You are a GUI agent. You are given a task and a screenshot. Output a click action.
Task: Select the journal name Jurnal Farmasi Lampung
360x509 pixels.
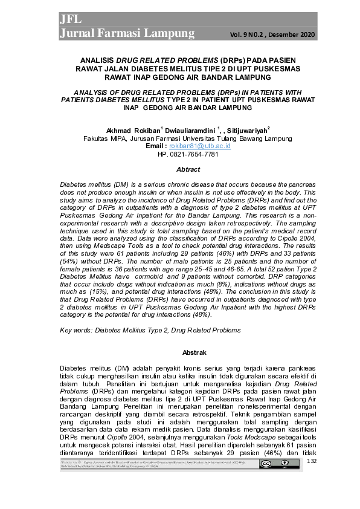[127, 33]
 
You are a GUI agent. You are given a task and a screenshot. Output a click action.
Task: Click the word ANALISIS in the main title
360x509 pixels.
[98, 61]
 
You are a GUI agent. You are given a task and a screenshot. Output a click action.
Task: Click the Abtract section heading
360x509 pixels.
[179, 170]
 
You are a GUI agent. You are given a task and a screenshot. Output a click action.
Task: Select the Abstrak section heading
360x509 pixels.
[179, 352]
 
